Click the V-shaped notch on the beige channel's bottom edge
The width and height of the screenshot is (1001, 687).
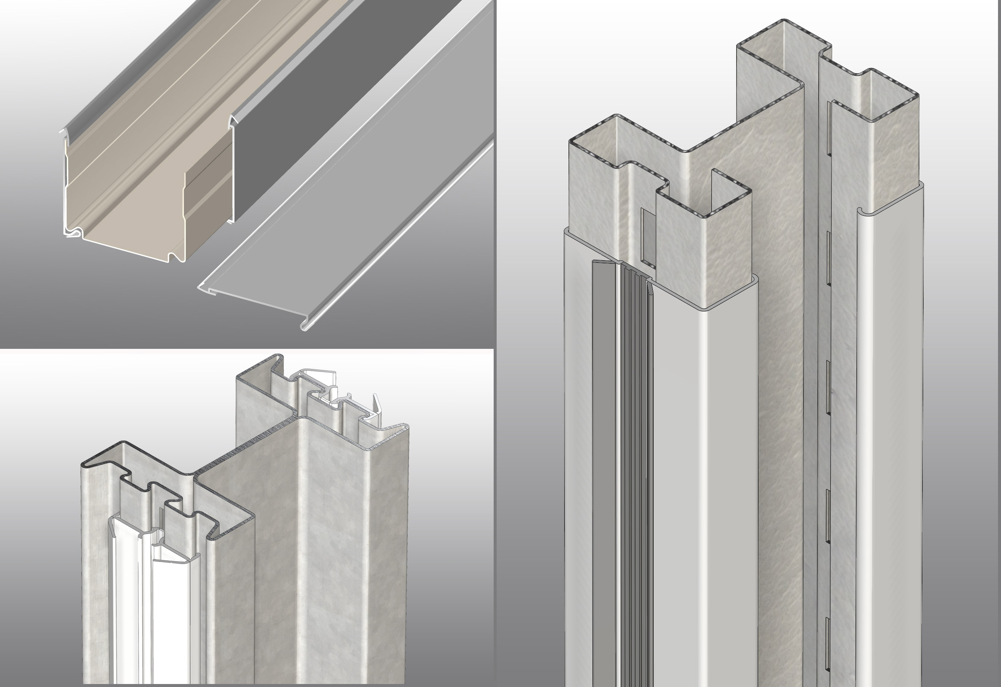click(x=174, y=257)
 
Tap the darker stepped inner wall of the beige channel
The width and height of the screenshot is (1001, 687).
click(x=207, y=196)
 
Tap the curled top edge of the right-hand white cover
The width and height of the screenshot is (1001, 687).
click(x=862, y=211)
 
